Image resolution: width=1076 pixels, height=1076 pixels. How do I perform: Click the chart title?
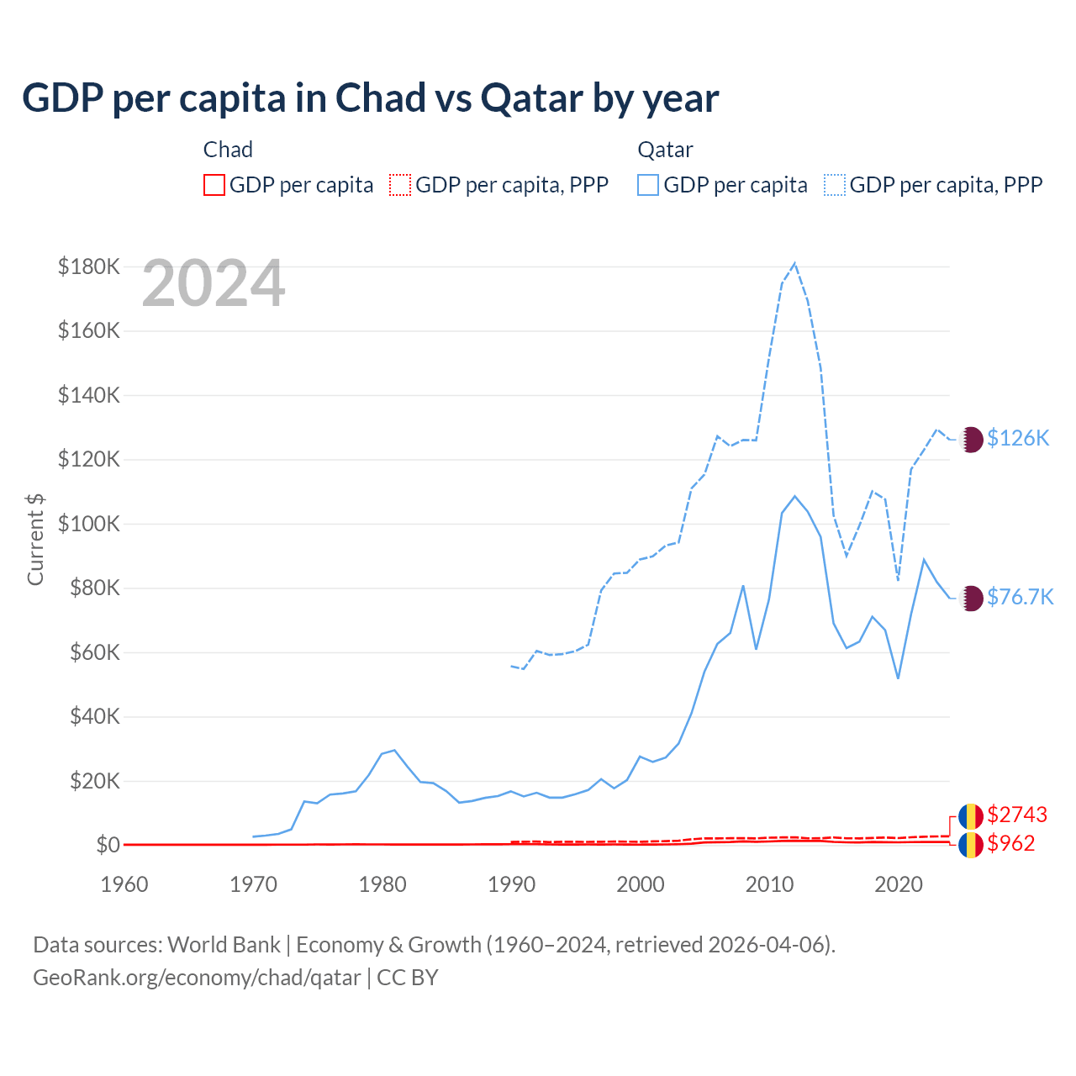370,98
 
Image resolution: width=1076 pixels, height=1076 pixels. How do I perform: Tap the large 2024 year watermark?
214,284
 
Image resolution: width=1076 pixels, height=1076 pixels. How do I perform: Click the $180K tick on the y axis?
89,267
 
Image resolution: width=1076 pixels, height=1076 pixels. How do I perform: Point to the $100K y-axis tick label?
89,524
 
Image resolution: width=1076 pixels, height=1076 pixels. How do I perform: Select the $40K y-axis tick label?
89,717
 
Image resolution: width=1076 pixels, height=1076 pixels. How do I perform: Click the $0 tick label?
108,845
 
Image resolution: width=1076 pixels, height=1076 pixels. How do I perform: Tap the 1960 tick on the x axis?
124,884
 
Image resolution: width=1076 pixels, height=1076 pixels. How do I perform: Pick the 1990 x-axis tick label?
511,884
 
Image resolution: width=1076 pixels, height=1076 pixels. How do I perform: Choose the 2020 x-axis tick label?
899,884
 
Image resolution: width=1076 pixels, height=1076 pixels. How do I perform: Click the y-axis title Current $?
35,539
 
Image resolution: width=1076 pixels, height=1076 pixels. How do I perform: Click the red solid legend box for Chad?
214,185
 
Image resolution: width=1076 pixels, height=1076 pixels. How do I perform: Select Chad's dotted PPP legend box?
400,185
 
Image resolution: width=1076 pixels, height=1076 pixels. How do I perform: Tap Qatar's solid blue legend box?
648,185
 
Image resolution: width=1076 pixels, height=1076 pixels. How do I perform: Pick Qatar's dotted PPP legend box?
835,185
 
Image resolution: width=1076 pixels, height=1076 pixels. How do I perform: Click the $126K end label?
1018,438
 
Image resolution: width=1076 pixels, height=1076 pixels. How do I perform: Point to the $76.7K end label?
1020,597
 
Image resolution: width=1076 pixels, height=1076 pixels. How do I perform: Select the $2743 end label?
1017,815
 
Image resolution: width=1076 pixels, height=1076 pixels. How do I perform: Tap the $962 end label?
1011,843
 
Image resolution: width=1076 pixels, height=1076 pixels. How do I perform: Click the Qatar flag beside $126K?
971,439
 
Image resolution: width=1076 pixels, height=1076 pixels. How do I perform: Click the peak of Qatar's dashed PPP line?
794,264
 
